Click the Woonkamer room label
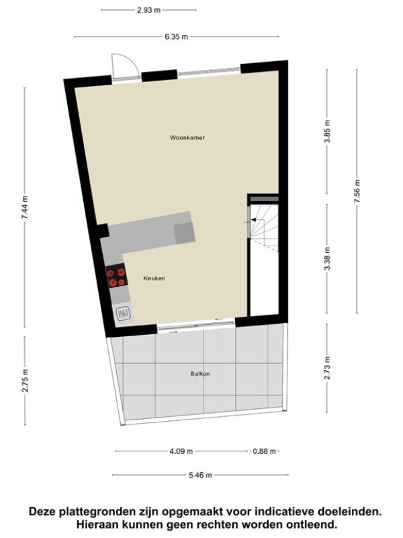pyautogui.click(x=187, y=138)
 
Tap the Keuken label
pyautogui.click(x=154, y=278)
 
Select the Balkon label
pyautogui.click(x=200, y=374)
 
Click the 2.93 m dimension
pyautogui.click(x=148, y=10)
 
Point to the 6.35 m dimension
pyautogui.click(x=176, y=37)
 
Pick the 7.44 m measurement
pyautogui.click(x=24, y=207)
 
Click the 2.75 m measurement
pyautogui.click(x=25, y=380)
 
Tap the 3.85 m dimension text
pyautogui.click(x=327, y=132)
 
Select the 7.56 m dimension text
pyautogui.click(x=357, y=191)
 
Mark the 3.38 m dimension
pyautogui.click(x=327, y=258)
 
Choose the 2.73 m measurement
pyautogui.click(x=327, y=368)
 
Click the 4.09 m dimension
pyautogui.click(x=181, y=451)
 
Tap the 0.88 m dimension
pyautogui.click(x=264, y=451)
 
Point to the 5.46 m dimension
pyautogui.click(x=200, y=475)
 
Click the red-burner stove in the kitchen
pyautogui.click(x=116, y=278)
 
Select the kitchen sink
pyautogui.click(x=123, y=313)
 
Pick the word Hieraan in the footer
pyautogui.click(x=96, y=525)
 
